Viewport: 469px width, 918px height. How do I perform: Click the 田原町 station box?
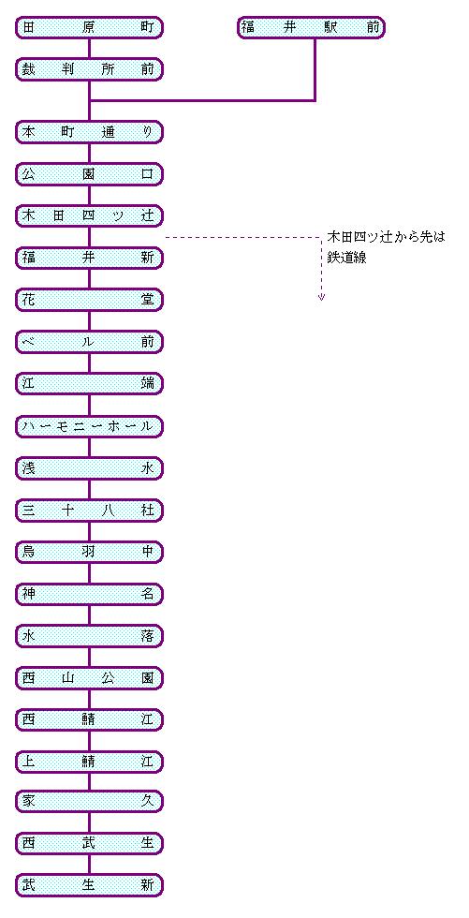tap(89, 27)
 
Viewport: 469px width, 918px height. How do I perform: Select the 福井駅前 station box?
tap(311, 27)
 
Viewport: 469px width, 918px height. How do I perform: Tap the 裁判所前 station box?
tap(89, 69)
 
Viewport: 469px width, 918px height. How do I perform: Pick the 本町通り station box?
tap(89, 132)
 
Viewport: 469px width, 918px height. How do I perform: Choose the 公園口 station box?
tap(89, 174)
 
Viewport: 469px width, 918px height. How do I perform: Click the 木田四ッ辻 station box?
tap(89, 215)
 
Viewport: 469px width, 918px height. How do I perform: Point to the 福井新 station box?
tap(89, 258)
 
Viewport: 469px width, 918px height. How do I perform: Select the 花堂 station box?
tap(89, 300)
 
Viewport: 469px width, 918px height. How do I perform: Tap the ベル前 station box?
tap(89, 342)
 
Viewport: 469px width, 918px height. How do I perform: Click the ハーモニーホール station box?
tap(89, 426)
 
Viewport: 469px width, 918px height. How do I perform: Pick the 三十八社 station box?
tap(89, 511)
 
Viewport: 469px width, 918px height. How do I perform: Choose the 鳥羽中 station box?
tap(89, 552)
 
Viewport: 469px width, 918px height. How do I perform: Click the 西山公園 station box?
tap(89, 678)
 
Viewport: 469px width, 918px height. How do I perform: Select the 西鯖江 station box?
tap(89, 719)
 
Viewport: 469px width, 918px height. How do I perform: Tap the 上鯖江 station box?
tap(89, 761)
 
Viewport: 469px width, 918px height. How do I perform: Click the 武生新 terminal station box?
tap(89, 885)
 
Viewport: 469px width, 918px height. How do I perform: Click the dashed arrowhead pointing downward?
tap(321, 298)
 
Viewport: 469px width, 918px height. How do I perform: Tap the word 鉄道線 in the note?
tap(346, 259)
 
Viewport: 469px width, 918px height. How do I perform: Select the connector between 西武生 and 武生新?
tap(89, 864)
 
